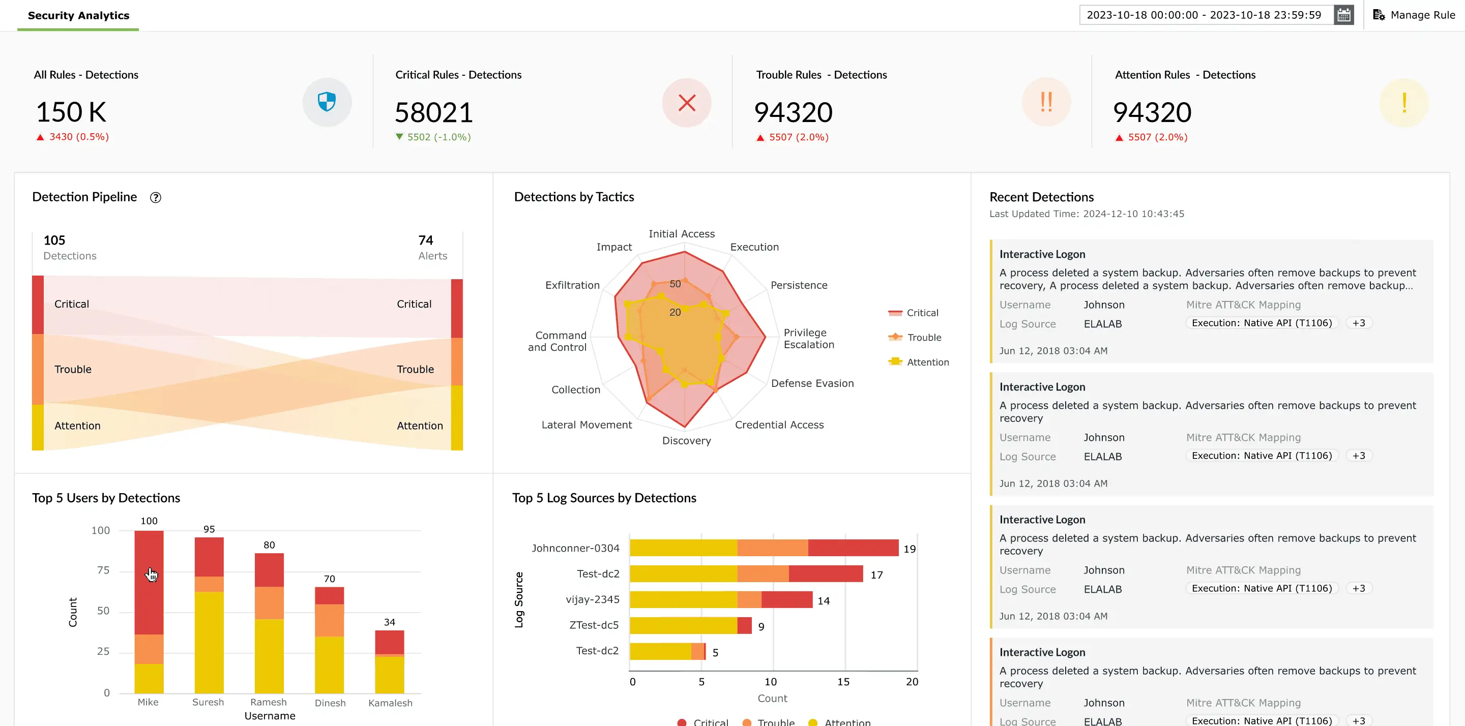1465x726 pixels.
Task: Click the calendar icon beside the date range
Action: click(x=1343, y=15)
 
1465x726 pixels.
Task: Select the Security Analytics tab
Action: click(x=78, y=15)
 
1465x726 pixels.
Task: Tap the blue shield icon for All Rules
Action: click(x=327, y=102)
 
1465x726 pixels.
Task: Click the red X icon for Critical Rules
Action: click(x=686, y=103)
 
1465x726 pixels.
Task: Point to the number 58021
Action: click(x=433, y=112)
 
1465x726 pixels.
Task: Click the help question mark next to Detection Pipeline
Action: click(x=155, y=197)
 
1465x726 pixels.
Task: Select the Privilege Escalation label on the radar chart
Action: click(x=809, y=338)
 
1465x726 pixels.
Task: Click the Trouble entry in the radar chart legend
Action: click(x=924, y=337)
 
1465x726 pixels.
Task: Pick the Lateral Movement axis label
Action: click(x=587, y=425)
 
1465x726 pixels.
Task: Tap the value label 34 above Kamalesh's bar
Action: click(x=390, y=622)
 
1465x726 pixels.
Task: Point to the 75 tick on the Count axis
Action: click(x=103, y=570)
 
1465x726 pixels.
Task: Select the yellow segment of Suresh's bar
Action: click(x=209, y=643)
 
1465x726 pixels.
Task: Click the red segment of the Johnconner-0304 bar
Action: click(x=853, y=548)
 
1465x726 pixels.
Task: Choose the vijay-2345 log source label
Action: click(x=593, y=599)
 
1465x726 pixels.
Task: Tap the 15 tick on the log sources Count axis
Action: click(x=843, y=682)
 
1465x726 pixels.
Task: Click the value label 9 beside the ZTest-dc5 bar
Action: click(x=761, y=626)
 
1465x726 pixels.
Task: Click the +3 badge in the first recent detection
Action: click(x=1359, y=323)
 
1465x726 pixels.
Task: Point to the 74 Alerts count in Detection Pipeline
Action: click(x=426, y=240)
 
